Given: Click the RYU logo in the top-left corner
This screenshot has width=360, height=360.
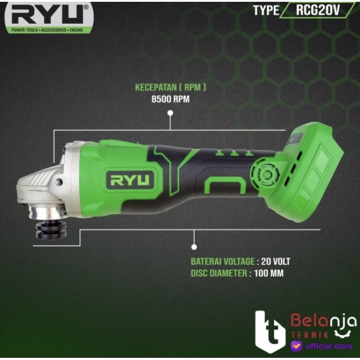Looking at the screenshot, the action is pyautogui.click(x=49, y=18).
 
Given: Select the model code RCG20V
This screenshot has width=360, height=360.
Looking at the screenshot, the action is pyautogui.click(x=318, y=10).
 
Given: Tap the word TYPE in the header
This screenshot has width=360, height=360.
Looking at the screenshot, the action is pyautogui.click(x=266, y=10).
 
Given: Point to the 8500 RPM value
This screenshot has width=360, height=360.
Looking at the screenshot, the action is pyautogui.click(x=171, y=99).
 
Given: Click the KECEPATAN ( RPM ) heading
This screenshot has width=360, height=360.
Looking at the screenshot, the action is pyautogui.click(x=171, y=87).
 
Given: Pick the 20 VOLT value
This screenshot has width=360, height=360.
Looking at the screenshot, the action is pyautogui.click(x=275, y=261).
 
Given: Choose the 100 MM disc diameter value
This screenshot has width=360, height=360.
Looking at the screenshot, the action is pyautogui.click(x=269, y=274).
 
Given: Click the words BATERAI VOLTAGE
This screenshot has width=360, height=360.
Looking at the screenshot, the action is pyautogui.click(x=223, y=261).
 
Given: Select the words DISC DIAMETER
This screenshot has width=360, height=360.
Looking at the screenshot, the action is pyautogui.click(x=219, y=274).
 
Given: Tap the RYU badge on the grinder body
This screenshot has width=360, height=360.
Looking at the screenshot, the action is pyautogui.click(x=130, y=180).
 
